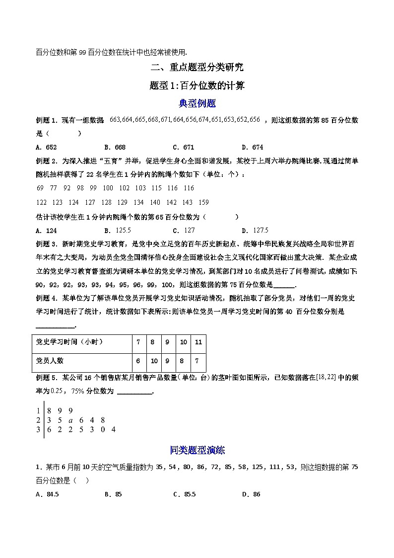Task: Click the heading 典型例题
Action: pyautogui.click(x=197, y=104)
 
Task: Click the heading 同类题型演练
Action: pyautogui.click(x=197, y=450)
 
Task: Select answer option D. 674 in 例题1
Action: pyautogui.click(x=252, y=147)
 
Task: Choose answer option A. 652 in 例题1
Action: pyautogui.click(x=47, y=147)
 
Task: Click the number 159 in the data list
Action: pyautogui.click(x=203, y=202)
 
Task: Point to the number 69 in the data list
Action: pyautogui.click(x=40, y=188)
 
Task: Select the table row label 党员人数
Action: pyautogui.click(x=51, y=361)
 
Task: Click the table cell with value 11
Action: pyautogui.click(x=198, y=342)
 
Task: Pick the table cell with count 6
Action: pyautogui.click(x=138, y=361)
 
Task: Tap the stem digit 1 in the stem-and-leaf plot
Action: pyautogui.click(x=38, y=410)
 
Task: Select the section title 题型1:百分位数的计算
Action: pyautogui.click(x=197, y=85)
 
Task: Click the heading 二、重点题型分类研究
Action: pyautogui.click(x=197, y=67)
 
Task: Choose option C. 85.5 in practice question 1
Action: pyautogui.click(x=184, y=494)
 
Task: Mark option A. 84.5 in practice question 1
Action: pyautogui.click(x=48, y=494)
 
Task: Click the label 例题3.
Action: pyautogui.click(x=48, y=244)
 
